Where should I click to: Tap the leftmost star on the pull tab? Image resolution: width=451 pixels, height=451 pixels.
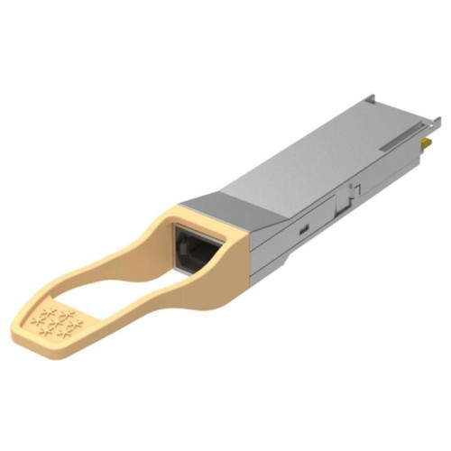(36, 318)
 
